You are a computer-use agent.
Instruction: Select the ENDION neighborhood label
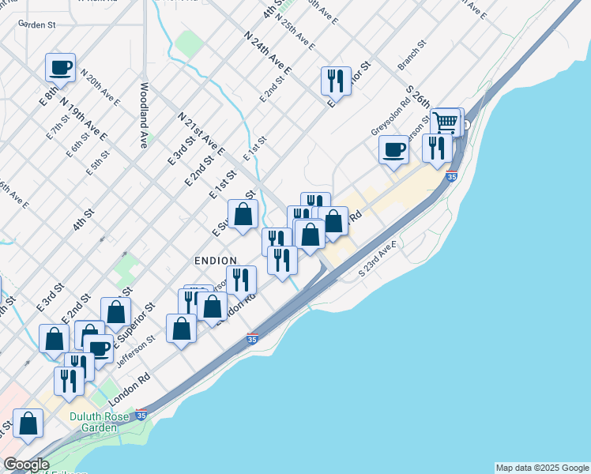pyautogui.click(x=216, y=260)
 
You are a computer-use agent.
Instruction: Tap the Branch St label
pyautogui.click(x=411, y=55)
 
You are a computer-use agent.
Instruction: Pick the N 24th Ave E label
pyautogui.click(x=269, y=54)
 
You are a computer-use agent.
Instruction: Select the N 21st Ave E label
pyautogui.click(x=201, y=134)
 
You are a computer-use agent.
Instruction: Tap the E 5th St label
pyautogui.click(x=98, y=162)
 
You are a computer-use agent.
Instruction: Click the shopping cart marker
pyautogui.click(x=446, y=122)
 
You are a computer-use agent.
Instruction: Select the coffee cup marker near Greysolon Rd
pyautogui.click(x=393, y=149)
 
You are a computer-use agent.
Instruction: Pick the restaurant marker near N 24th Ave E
pyautogui.click(x=336, y=80)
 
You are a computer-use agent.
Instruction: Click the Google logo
pyautogui.click(x=26, y=465)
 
